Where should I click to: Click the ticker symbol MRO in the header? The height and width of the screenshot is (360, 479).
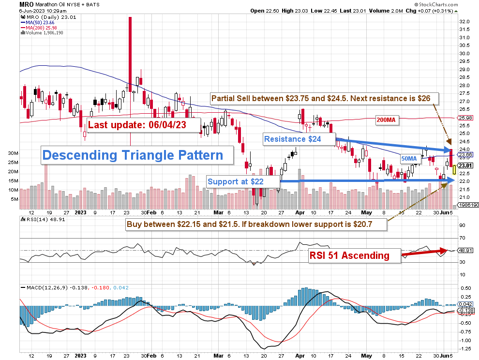(x=27, y=4)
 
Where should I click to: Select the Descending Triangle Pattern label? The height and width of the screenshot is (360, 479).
(x=133, y=155)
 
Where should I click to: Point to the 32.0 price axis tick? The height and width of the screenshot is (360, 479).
(x=465, y=22)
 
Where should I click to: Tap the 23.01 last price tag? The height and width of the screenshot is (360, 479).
(x=465, y=165)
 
